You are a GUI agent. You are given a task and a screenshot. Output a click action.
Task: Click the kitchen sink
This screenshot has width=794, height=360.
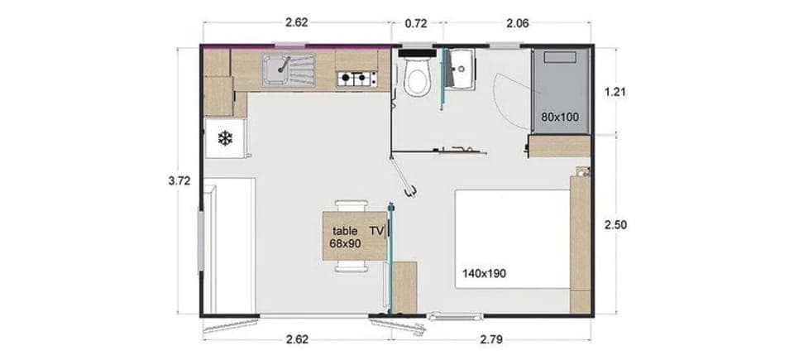[x=285, y=69]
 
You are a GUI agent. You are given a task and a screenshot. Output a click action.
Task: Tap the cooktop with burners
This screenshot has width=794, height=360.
[x=356, y=79]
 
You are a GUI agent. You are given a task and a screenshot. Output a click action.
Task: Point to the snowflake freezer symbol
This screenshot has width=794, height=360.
[x=226, y=138]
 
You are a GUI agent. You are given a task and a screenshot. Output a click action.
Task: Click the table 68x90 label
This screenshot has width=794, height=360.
[x=345, y=238]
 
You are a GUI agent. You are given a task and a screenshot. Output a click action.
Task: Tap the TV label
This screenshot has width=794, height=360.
[x=377, y=231]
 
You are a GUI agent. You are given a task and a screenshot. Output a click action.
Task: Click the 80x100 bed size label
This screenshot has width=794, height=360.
[x=560, y=117]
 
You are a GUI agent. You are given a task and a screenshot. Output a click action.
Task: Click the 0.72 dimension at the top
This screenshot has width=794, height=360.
[x=416, y=23]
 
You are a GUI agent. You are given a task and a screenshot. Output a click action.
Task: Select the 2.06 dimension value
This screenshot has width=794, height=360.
[x=517, y=23]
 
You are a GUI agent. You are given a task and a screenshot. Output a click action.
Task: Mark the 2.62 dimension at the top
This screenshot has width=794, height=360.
[x=297, y=23]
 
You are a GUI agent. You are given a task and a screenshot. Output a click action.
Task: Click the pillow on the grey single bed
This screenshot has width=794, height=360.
[x=561, y=56]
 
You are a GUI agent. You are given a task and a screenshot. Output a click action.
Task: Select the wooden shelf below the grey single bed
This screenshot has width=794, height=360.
[x=558, y=147]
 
